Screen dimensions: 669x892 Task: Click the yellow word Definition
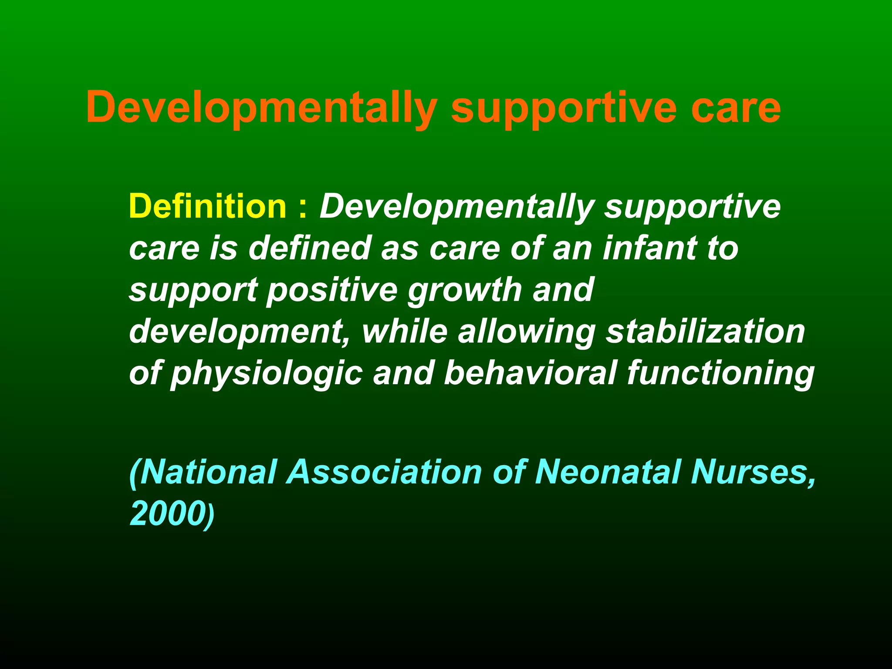[207, 206]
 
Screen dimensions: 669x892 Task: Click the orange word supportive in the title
[564, 108]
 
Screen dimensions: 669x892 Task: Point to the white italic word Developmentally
[457, 206]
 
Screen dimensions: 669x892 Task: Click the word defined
[310, 248]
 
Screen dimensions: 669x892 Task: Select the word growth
[465, 290]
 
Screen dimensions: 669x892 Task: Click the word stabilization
[705, 331]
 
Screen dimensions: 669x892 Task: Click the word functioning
[720, 373]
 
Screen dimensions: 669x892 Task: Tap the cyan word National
[204, 472]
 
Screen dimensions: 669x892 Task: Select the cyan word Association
[384, 472]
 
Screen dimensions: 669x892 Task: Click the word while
[405, 331]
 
